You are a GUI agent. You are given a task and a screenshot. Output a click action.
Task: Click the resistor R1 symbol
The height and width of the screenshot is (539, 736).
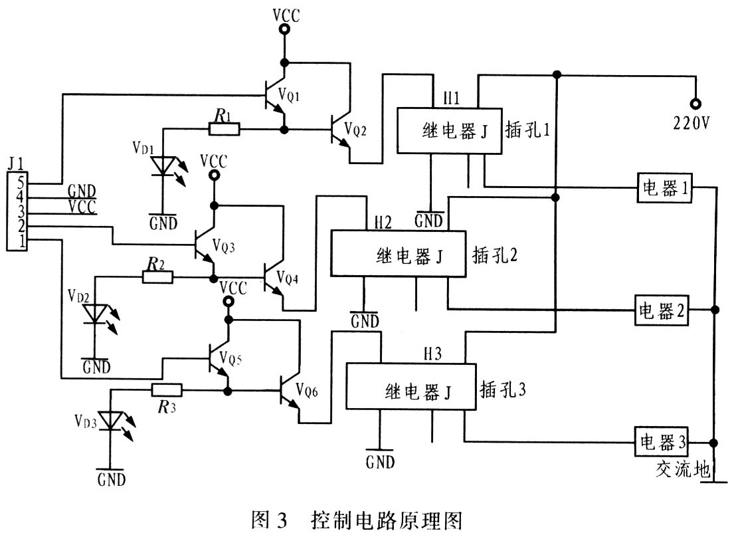tap(224, 129)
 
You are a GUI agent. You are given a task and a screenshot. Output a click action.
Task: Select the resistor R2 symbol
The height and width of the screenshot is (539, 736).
tap(157, 277)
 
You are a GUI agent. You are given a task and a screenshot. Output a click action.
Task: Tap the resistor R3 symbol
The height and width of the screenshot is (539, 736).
tap(167, 389)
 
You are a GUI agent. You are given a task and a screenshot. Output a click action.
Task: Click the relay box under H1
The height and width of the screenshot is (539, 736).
tap(449, 130)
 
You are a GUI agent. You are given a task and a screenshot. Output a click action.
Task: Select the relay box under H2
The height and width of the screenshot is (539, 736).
tap(399, 253)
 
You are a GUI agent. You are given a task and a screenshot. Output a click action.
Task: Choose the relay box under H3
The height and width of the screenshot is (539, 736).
tap(411, 386)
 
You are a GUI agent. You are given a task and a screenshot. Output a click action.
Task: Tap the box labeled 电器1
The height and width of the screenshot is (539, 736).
tap(664, 188)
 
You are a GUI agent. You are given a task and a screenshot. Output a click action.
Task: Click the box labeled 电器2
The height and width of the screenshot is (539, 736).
tap(662, 310)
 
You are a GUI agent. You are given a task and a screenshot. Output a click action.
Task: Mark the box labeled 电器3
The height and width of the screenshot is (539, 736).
tap(662, 441)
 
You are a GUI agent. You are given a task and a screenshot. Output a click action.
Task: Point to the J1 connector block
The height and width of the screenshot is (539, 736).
tap(17, 211)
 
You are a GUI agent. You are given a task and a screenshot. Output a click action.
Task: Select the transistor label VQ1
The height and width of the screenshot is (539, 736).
tap(288, 95)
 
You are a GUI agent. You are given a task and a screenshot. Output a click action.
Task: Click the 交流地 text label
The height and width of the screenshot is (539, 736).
tap(682, 469)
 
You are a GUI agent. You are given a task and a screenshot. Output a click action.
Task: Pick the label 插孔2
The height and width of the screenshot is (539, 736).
tap(495, 255)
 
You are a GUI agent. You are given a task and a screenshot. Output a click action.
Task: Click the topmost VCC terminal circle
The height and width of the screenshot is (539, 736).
tap(284, 29)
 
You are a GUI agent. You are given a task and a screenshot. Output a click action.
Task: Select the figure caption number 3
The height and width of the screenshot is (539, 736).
tap(282, 520)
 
